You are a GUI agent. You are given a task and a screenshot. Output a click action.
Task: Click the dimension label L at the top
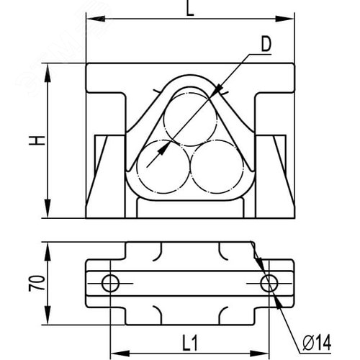pos(190,9)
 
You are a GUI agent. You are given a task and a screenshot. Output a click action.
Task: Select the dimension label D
pos(266,45)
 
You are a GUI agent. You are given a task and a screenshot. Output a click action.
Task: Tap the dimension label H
pos(37,140)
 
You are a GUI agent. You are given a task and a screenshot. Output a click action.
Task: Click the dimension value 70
pos(37,284)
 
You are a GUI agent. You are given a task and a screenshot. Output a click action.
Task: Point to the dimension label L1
pos(190,343)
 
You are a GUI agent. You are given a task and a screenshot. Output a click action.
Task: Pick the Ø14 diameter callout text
pos(317,343)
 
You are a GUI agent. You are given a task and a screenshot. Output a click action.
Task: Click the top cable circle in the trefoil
pos(190,119)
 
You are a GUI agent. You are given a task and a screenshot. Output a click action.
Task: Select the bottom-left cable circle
pos(163,167)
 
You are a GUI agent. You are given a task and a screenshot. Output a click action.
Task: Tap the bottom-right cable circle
pos(217,167)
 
